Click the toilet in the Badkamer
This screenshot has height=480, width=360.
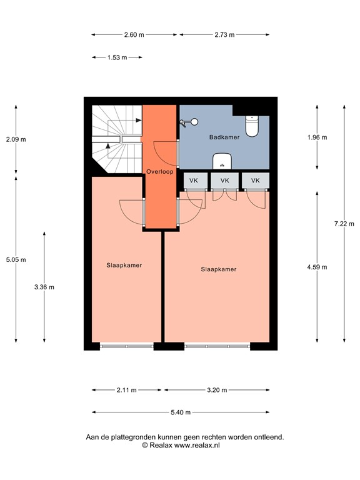coord(252,126)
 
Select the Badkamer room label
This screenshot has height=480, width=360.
coord(224,137)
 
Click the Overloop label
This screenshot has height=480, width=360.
coord(159,171)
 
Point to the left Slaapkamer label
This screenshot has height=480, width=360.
coord(124,265)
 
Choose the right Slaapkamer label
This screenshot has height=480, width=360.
coord(218,269)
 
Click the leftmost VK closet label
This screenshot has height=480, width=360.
coord(194,181)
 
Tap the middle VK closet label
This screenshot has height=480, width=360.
coord(224,181)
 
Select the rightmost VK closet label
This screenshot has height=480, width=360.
coord(255,181)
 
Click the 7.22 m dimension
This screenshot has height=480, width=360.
coord(344,224)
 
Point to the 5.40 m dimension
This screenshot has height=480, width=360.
coord(181,412)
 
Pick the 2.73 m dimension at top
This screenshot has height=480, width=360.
coord(224,35)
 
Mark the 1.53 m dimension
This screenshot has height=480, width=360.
coord(117,57)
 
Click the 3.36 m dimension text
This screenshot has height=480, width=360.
coord(44,287)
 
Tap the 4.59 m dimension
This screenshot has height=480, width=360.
coord(317,267)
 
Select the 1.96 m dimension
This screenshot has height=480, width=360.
coord(317,137)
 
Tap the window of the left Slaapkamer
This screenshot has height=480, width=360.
coord(126,345)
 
